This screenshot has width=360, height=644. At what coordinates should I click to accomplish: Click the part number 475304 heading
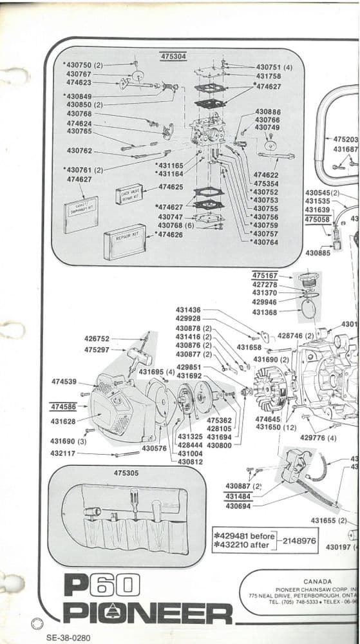[x=173, y=57]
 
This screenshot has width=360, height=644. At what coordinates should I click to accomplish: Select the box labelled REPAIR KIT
[x=124, y=241]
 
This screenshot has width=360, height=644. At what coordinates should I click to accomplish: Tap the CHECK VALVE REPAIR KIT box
[x=129, y=193]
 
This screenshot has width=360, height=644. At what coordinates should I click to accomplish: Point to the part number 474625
[x=171, y=187]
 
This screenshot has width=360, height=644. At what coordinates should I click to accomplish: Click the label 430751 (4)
[x=274, y=67]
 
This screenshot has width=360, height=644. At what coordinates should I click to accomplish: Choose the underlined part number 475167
[x=265, y=276]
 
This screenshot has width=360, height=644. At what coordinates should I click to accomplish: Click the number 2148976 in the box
[x=299, y=541]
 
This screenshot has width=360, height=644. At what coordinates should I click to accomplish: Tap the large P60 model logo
[x=101, y=586]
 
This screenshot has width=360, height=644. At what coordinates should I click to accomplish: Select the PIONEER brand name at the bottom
[x=147, y=612]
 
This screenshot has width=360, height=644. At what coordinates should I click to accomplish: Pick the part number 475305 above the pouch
[x=126, y=473]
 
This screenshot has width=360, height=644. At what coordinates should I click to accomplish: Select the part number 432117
[x=63, y=453]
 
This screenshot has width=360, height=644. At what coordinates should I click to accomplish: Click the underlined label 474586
[x=63, y=407]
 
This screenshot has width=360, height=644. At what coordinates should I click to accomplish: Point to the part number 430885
[x=318, y=253]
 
